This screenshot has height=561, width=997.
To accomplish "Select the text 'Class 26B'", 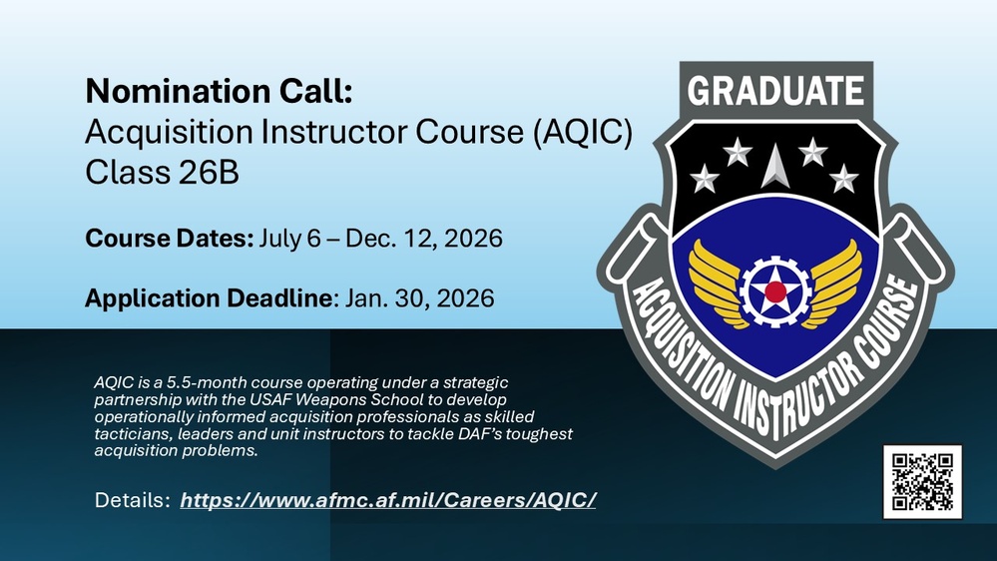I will pyautogui.click(x=162, y=172).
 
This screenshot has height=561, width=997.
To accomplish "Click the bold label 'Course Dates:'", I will pyautogui.click(x=170, y=240).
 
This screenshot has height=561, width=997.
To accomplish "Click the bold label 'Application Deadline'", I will pyautogui.click(x=210, y=297).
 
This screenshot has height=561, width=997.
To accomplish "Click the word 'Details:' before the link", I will pyautogui.click(x=132, y=498).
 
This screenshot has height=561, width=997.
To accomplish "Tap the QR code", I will pyautogui.click(x=921, y=482).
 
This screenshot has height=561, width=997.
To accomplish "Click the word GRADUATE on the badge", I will pyautogui.click(x=775, y=92).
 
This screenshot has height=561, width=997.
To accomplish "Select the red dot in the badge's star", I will pyautogui.click(x=774, y=290).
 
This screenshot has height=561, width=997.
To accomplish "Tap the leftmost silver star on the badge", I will pyautogui.click(x=705, y=179).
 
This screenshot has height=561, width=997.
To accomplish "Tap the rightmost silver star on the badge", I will pyautogui.click(x=844, y=179).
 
